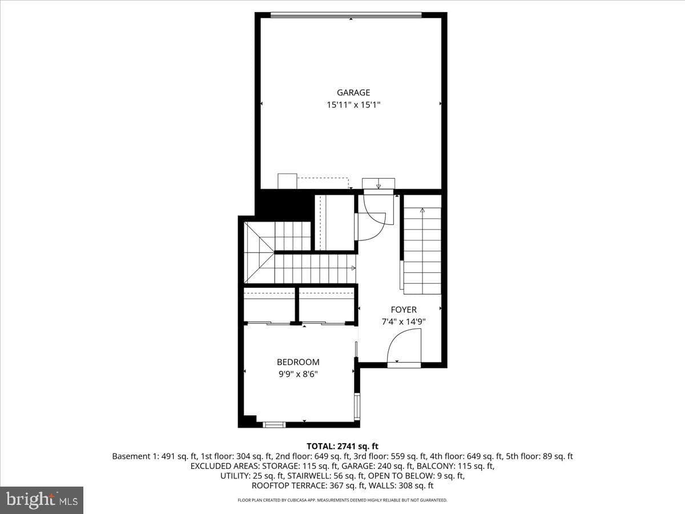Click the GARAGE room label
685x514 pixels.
353,93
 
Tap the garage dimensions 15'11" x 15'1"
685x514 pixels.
353,105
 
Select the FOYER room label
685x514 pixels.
404,310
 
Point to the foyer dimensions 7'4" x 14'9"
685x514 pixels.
404,322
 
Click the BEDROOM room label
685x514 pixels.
298,362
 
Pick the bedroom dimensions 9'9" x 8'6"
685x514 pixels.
298,374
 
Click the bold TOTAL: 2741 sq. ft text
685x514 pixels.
342,446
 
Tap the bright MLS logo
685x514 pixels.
42,500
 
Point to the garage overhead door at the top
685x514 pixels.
346,15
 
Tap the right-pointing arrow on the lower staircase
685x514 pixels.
353,268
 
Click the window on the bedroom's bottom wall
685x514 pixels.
275,424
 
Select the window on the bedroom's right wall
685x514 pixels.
357,407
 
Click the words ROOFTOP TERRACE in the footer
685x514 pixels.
289,485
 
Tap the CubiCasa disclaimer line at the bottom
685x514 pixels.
342,500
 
